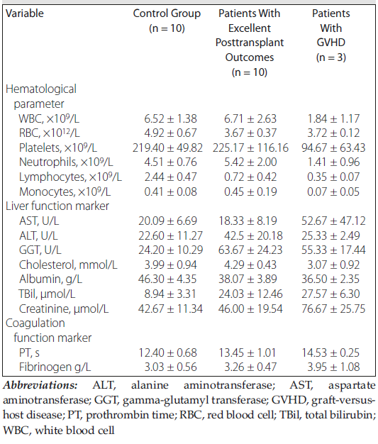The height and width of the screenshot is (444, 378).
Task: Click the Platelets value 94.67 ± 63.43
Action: coord(333,148)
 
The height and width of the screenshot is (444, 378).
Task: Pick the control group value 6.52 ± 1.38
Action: coord(167,118)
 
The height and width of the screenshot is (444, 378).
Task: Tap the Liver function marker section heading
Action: coord(57,206)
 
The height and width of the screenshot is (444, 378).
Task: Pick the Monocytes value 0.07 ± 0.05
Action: coord(333,192)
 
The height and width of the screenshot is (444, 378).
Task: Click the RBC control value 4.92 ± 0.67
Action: coord(167,133)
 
